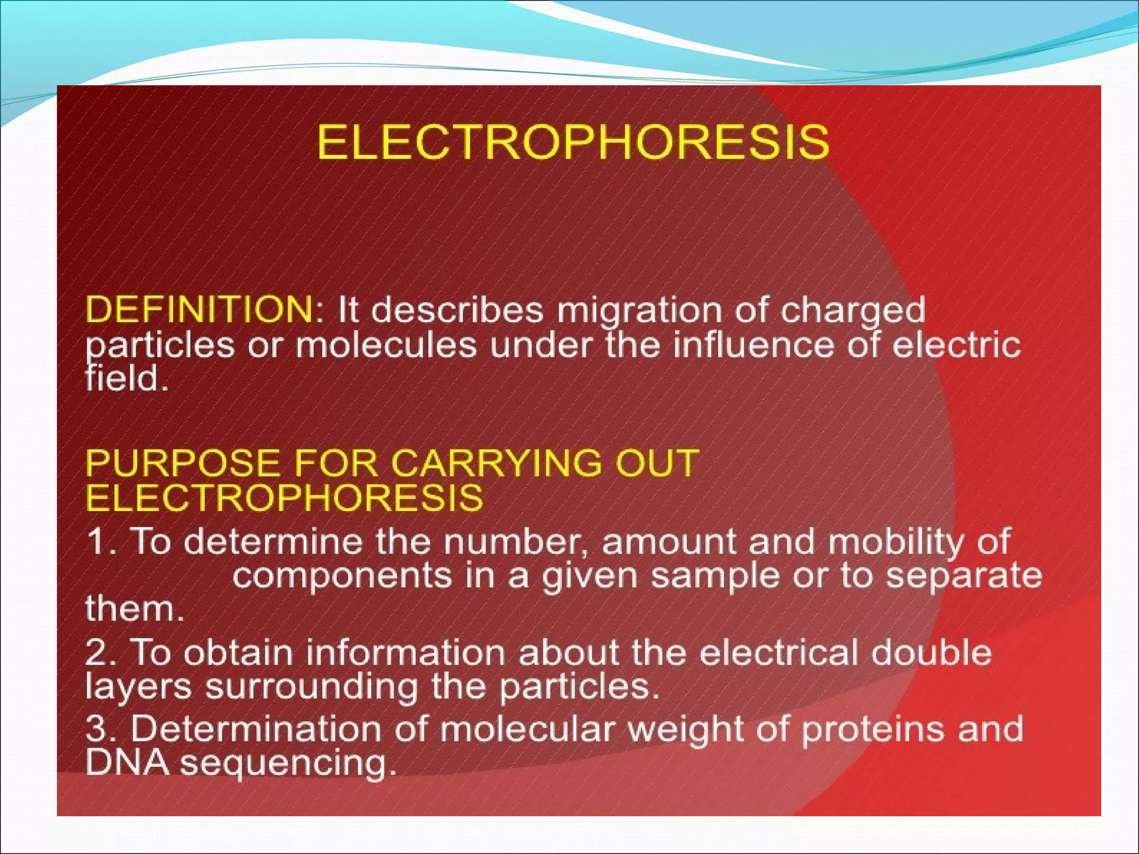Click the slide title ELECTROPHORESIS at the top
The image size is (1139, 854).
tap(573, 142)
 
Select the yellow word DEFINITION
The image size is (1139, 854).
tap(199, 309)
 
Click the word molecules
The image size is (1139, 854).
tap(386, 345)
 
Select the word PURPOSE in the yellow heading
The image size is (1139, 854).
tap(183, 463)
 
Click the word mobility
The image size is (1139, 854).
tap(895, 542)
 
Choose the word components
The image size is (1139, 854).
tap(342, 577)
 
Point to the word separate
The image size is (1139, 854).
tap(964, 577)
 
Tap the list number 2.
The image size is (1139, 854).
tap(100, 652)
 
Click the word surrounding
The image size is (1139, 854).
tap(311, 687)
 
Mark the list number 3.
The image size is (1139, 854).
tap(100, 729)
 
